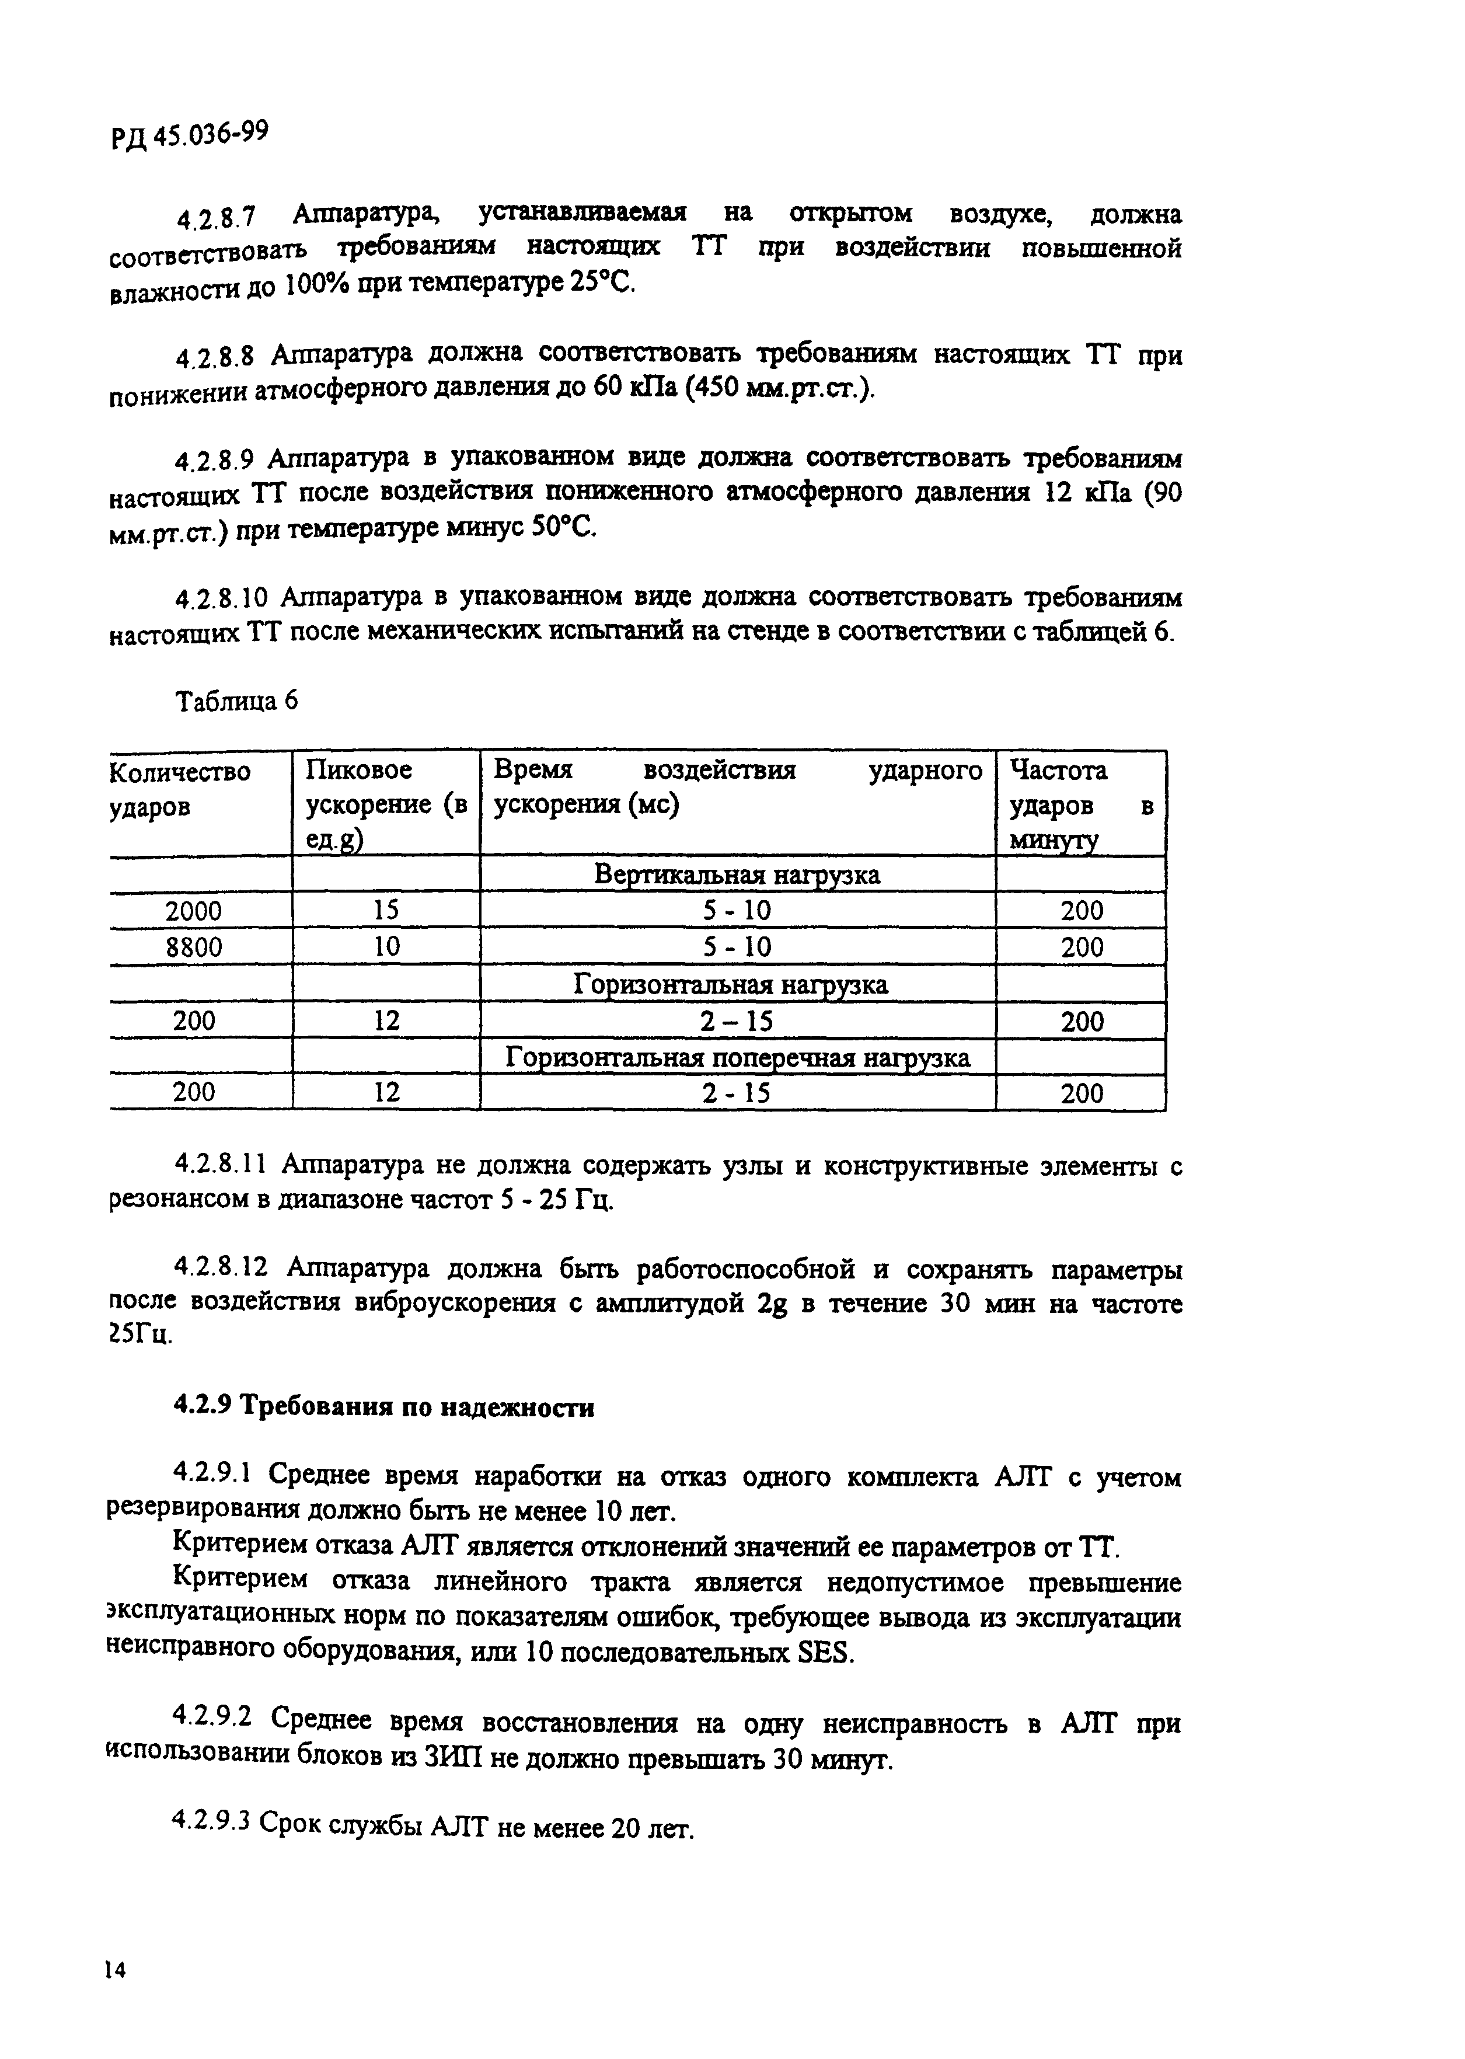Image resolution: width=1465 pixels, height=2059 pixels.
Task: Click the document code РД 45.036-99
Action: coord(190,135)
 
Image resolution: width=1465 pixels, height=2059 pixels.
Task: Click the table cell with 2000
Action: coord(193,911)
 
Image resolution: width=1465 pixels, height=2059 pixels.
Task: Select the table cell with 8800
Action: coord(193,947)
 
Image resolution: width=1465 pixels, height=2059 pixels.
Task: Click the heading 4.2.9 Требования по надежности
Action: coord(383,1407)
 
